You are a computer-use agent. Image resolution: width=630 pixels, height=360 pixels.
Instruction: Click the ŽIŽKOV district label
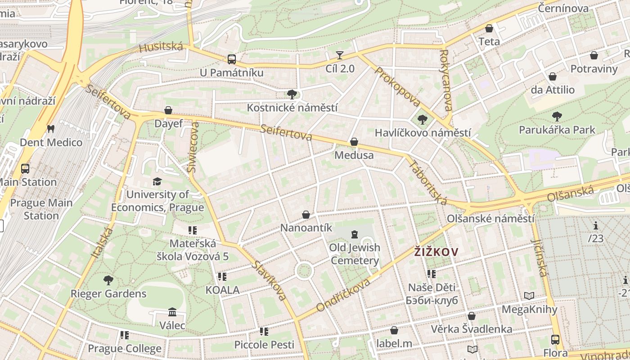[436, 252]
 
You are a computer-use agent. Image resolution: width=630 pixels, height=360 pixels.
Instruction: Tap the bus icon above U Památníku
[232, 59]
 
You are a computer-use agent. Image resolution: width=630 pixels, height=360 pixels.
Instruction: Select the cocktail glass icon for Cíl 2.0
[340, 55]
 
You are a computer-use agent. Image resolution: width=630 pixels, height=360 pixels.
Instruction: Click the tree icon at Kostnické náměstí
[292, 94]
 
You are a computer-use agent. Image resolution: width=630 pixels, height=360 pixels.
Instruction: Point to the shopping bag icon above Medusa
[354, 142]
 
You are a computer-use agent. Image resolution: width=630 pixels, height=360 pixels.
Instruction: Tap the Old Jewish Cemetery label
[355, 254]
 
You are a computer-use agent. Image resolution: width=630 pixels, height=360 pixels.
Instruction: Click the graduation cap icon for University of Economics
[157, 181]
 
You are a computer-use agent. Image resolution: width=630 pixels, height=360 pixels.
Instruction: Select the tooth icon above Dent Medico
[50, 129]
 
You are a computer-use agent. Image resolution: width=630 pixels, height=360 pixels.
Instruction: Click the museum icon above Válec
[172, 312]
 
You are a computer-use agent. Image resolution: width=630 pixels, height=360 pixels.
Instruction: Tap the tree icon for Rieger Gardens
[108, 280]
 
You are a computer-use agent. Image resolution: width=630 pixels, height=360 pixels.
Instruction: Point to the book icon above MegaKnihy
[529, 296]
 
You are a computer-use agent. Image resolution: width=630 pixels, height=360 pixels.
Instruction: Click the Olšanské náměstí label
[490, 219]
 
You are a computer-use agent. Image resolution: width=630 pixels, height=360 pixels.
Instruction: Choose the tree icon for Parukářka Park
[557, 117]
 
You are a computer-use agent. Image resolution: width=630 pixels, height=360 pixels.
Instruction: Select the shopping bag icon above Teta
[489, 29]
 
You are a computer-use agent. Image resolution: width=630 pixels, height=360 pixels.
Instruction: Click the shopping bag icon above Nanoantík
[306, 215]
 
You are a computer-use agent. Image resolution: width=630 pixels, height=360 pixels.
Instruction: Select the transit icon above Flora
[555, 340]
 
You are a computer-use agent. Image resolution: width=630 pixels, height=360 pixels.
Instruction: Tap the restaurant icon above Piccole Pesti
[264, 332]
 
